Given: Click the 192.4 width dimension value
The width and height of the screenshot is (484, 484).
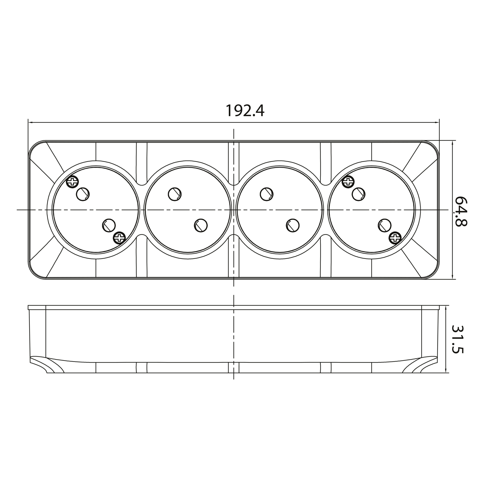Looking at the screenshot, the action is point(245,111).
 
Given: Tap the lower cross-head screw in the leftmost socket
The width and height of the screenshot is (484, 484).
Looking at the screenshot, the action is point(119,237).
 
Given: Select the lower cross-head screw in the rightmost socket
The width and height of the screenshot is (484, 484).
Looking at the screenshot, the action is point(395,237).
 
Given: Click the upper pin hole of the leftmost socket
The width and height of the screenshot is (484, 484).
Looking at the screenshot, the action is point(83,194).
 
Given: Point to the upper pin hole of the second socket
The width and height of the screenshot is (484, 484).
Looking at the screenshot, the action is point(175,194).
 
